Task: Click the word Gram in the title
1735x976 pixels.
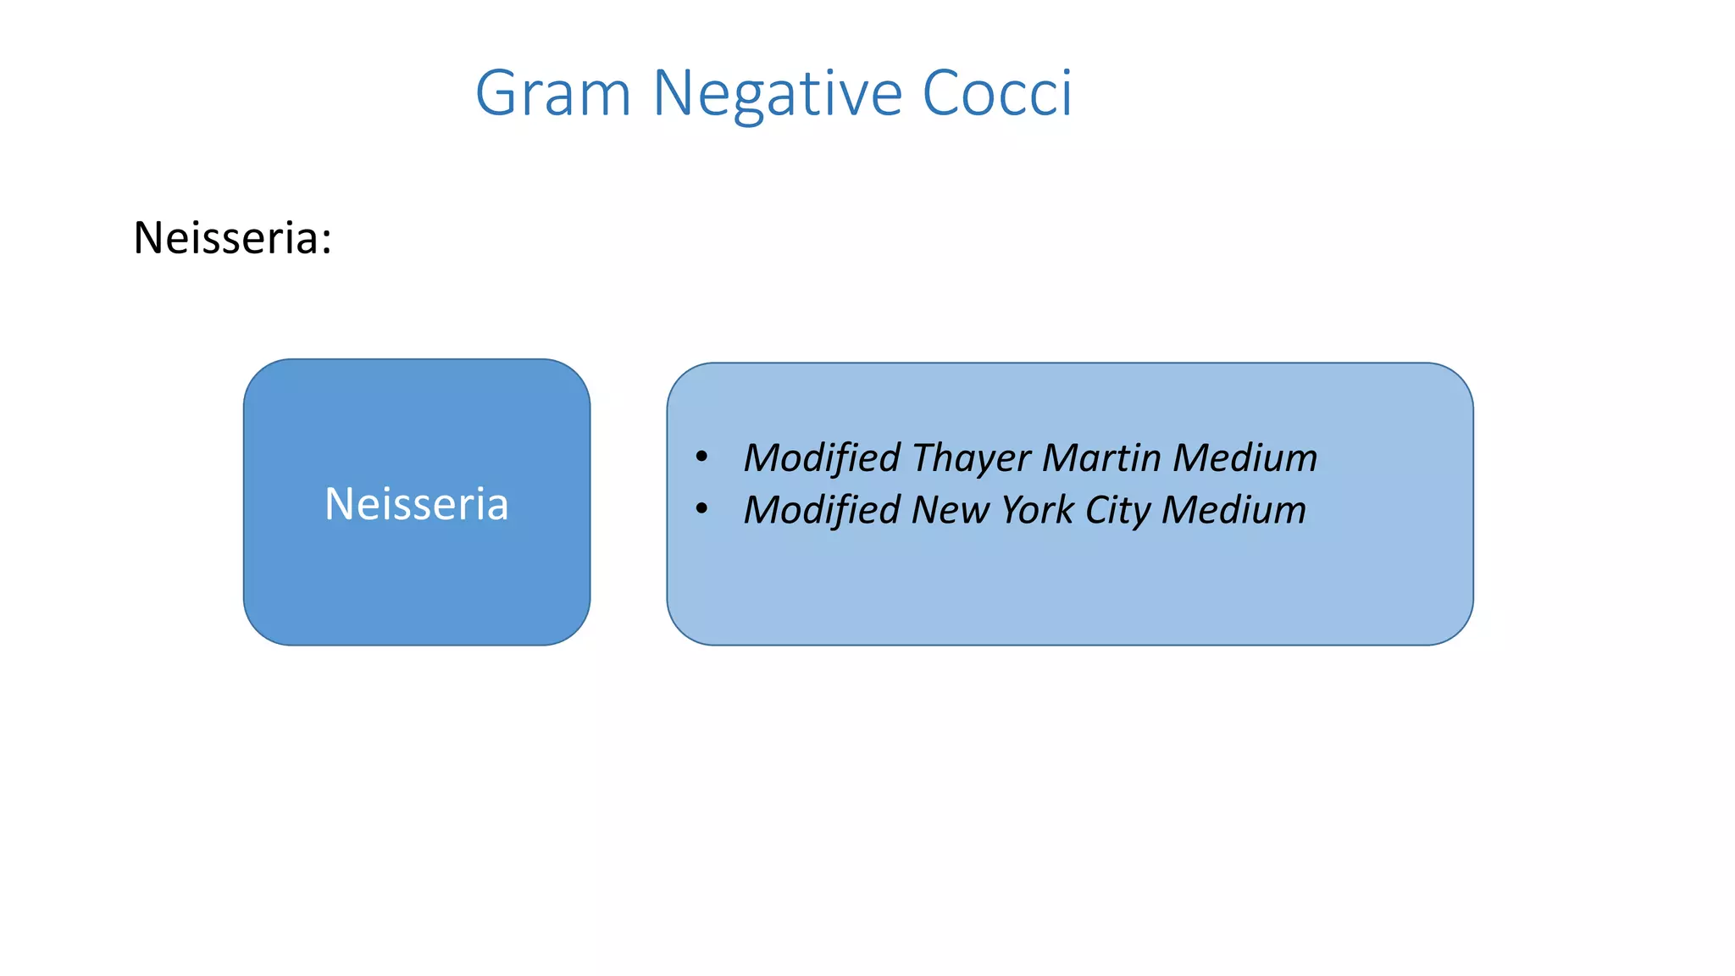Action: pyautogui.click(x=553, y=93)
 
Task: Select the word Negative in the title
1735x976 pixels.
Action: pyautogui.click(x=777, y=93)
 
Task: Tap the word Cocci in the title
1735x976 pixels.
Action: pyautogui.click(x=996, y=93)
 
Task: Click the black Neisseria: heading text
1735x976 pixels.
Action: pyautogui.click(x=232, y=238)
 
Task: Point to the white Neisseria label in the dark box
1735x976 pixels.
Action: pyautogui.click(x=417, y=504)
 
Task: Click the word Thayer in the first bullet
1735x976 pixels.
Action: pyautogui.click(x=972, y=458)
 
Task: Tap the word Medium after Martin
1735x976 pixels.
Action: pyautogui.click(x=1245, y=457)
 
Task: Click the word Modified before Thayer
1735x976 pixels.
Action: pyautogui.click(x=822, y=457)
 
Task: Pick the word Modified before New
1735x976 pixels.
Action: pyautogui.click(x=822, y=510)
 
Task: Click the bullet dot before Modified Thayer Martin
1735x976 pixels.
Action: pyautogui.click(x=701, y=457)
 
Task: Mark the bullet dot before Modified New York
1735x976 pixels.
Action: pyautogui.click(x=701, y=509)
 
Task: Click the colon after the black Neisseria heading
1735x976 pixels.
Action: pyautogui.click(x=326, y=241)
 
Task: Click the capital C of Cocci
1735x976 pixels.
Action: pyautogui.click(x=940, y=92)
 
